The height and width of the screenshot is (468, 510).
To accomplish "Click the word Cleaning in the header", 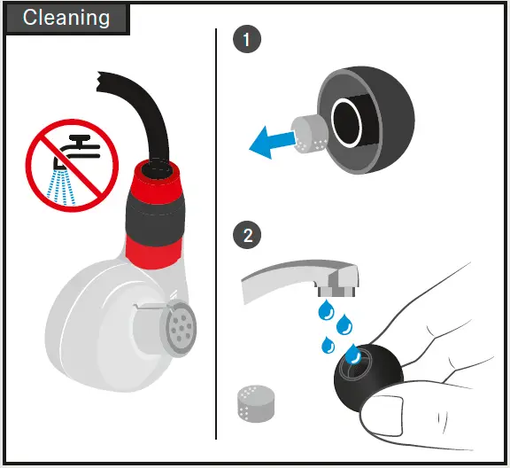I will click(x=66, y=18).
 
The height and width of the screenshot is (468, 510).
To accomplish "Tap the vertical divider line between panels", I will click(x=217, y=239).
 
